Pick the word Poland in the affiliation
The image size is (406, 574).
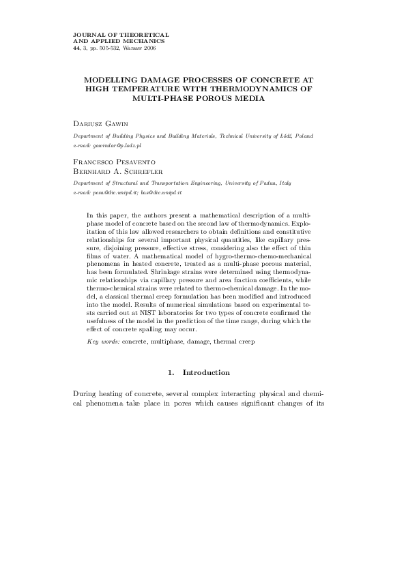(303, 136)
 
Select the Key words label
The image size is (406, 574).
(103, 340)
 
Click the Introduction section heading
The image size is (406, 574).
(206, 373)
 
